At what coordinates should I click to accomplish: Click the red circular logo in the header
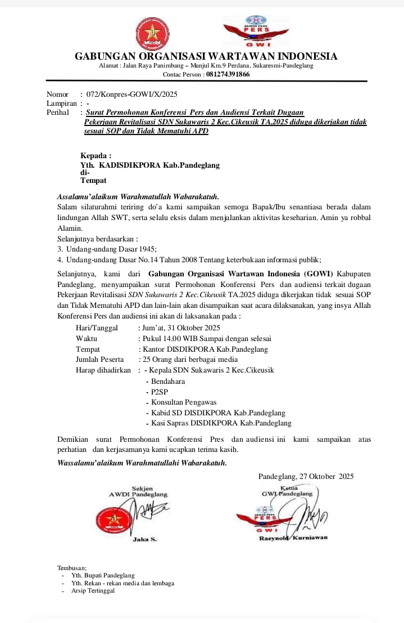[x=152, y=33]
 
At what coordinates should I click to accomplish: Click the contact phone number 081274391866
[x=228, y=74]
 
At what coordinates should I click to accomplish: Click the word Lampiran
[x=61, y=104]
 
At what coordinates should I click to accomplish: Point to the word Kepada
[x=96, y=156]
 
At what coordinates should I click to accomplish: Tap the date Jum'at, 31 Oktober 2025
[x=181, y=328]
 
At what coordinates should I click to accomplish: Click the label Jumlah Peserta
[x=99, y=360]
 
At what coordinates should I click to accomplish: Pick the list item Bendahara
[x=168, y=381]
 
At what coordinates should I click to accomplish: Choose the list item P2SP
[x=160, y=392]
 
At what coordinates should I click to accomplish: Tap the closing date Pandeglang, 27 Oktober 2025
[x=306, y=476]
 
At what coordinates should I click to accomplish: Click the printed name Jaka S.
[x=144, y=540]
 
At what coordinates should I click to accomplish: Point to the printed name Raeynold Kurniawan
[x=293, y=538]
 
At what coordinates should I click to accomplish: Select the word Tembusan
[x=72, y=568]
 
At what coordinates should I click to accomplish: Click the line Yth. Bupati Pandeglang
[x=103, y=576]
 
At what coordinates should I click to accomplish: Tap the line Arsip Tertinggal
[x=93, y=590]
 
